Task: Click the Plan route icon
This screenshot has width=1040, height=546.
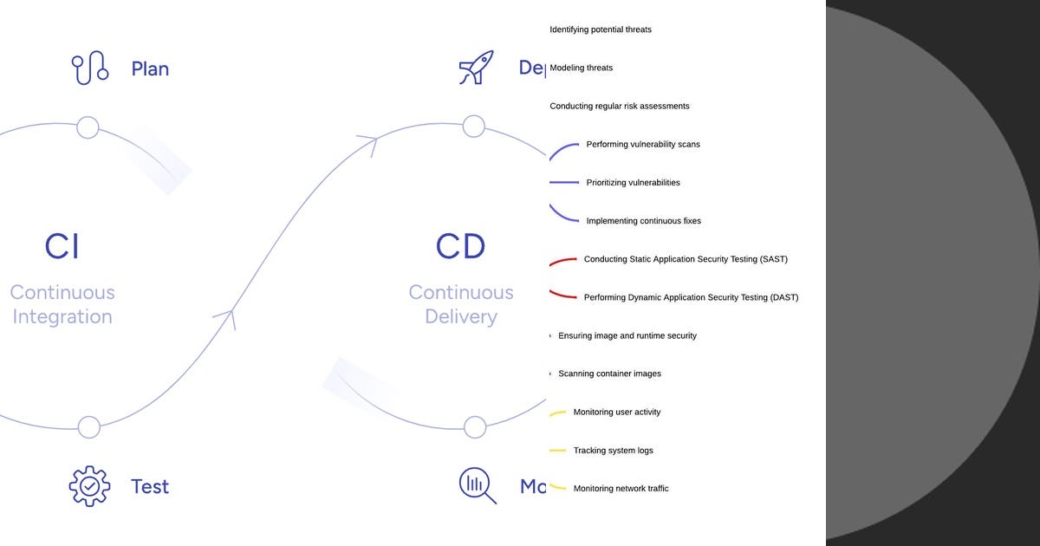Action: [90, 68]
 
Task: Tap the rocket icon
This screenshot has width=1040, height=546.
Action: [476, 68]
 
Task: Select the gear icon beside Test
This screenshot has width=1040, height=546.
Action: [89, 486]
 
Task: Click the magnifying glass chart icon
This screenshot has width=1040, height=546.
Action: [477, 485]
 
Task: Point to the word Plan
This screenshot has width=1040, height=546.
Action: [150, 68]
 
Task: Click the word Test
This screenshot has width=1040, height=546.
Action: [150, 486]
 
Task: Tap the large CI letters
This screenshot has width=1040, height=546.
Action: [62, 246]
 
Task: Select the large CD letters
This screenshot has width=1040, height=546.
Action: [460, 246]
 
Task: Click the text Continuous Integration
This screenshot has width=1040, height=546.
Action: [62, 304]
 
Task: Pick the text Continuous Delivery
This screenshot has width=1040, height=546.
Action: [461, 304]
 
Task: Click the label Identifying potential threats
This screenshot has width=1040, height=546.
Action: [601, 29]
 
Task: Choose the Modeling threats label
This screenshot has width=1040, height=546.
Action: [582, 68]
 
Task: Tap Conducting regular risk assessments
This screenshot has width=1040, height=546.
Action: [620, 106]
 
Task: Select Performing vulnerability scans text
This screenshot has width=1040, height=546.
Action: [643, 144]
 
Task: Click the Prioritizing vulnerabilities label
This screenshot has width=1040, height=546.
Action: [633, 182]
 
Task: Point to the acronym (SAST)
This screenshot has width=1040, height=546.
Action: [771, 259]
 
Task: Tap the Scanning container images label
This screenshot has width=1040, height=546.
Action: [609, 374]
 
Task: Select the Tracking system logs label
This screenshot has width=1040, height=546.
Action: [613, 451]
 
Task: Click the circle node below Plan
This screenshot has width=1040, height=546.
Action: [88, 127]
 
